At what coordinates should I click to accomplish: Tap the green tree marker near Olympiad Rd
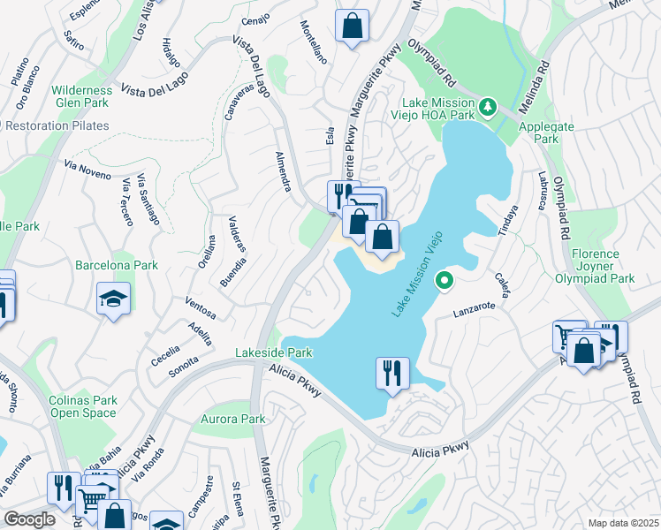487,108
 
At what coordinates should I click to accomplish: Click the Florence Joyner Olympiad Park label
603,266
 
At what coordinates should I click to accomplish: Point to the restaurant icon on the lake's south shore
391,372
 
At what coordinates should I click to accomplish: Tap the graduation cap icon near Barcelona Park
114,299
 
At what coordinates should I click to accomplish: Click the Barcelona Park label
116,265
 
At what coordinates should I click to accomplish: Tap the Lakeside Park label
274,352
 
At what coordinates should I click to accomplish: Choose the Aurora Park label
233,419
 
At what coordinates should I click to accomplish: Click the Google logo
30,519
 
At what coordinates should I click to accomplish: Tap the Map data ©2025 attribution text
622,523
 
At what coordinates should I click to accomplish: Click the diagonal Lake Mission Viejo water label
416,275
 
